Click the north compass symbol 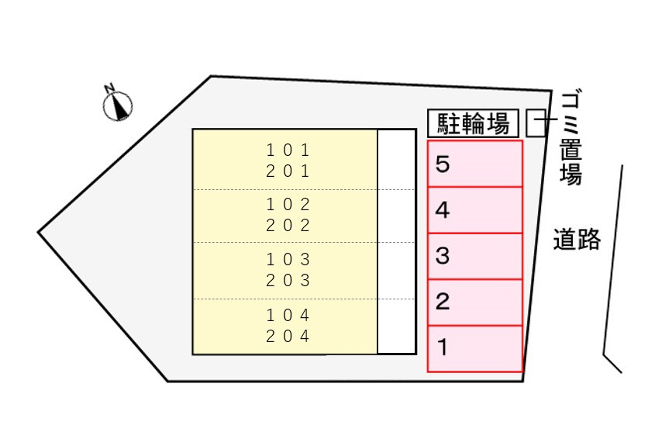[x=118, y=106]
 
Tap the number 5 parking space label [x=443, y=164]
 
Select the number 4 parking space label [x=443, y=210]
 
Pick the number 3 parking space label [x=443, y=255]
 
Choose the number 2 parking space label [x=443, y=302]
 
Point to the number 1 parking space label [x=442, y=347]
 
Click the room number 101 [x=288, y=150]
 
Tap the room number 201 [x=288, y=171]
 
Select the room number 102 [x=288, y=205]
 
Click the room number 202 [x=288, y=226]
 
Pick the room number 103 [x=288, y=260]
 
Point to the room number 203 [x=288, y=281]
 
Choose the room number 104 [x=288, y=315]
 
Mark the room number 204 [x=288, y=336]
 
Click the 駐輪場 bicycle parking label [x=474, y=124]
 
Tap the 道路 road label [x=577, y=239]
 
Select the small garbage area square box [x=536, y=123]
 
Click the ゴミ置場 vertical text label [x=571, y=138]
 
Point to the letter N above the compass [x=109, y=88]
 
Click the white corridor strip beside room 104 [x=396, y=327]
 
